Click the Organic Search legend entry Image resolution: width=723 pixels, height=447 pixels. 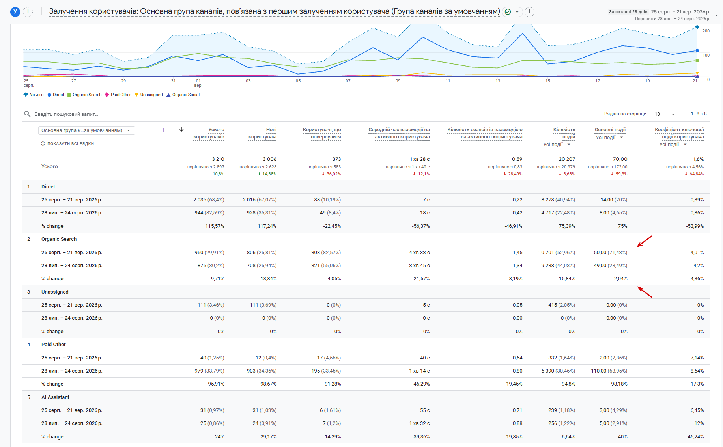[x=84, y=95]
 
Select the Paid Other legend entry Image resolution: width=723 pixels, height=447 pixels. [x=118, y=95]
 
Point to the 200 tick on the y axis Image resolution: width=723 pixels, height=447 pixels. [x=706, y=31]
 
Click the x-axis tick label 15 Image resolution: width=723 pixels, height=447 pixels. [x=548, y=81]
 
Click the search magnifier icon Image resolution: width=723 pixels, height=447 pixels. [x=27, y=114]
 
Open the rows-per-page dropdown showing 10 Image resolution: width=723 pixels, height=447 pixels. [x=665, y=114]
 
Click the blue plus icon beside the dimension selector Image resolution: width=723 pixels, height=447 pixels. [x=164, y=130]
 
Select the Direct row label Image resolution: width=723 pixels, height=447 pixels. [x=48, y=187]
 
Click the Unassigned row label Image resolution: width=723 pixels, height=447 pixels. [x=55, y=292]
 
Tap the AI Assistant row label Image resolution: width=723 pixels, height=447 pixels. [x=55, y=397]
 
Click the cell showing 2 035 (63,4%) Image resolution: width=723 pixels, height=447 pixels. [x=209, y=200]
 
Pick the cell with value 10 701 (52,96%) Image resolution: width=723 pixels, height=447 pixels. [x=557, y=253]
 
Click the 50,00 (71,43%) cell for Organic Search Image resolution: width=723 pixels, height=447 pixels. [x=611, y=253]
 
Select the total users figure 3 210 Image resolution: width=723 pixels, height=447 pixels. [x=218, y=159]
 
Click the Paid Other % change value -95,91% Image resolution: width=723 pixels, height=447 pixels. [x=215, y=384]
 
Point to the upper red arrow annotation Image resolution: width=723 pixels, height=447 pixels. [x=645, y=241]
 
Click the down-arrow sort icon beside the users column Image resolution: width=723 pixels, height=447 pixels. [x=181, y=129]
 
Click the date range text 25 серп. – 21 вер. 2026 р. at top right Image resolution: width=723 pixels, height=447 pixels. [x=680, y=12]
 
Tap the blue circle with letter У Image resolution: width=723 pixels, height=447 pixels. [x=15, y=12]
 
